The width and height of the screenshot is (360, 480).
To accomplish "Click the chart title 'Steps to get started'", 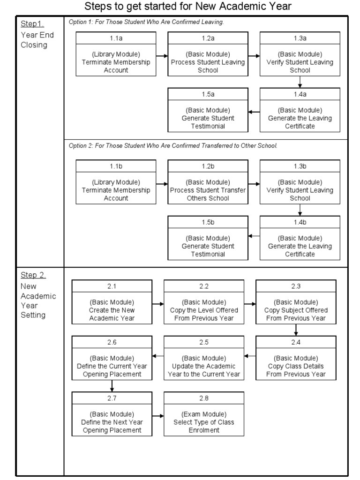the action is (188, 6).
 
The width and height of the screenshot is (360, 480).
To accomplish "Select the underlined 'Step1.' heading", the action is (32, 24).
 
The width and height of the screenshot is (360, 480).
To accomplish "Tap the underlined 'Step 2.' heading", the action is (33, 275).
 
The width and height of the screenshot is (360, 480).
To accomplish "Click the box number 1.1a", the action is (116, 38).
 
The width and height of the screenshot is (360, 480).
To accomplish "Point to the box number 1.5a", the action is (208, 94).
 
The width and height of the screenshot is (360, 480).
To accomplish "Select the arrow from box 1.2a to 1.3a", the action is (254, 56).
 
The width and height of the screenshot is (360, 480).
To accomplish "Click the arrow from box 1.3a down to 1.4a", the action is (300, 82).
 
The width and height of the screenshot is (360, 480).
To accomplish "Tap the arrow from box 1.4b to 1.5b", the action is (254, 236).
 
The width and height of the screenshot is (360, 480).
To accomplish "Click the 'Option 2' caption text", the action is (173, 146).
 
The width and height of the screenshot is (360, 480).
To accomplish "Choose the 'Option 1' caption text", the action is (146, 22).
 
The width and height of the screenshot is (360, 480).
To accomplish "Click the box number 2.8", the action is (204, 398).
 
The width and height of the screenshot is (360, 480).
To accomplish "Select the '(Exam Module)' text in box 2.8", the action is (204, 414).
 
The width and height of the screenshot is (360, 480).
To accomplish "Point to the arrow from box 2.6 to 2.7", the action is (112, 386).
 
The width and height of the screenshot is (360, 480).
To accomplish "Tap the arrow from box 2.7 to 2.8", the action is (158, 416).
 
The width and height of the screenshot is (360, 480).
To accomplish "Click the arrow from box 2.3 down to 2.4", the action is (296, 330).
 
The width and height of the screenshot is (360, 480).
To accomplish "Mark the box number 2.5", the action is (204, 342).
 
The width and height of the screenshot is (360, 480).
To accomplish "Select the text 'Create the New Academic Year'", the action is (112, 314).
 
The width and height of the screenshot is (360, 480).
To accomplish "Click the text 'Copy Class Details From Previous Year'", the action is (296, 370).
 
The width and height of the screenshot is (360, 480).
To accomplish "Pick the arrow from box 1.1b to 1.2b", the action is (162, 184).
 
